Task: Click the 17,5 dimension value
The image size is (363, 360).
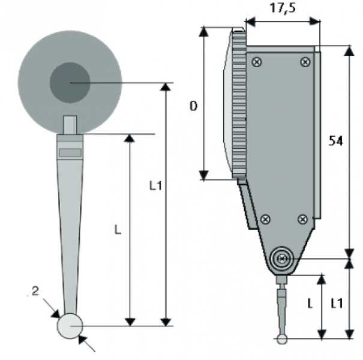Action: tap(283, 8)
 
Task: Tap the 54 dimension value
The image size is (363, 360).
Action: tap(335, 141)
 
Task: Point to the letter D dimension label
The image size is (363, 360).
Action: tap(194, 106)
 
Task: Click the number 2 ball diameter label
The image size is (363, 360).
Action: tap(35, 291)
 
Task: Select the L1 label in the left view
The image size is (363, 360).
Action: tap(155, 185)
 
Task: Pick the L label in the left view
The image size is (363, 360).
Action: tap(118, 230)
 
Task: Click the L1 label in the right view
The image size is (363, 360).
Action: tap(337, 303)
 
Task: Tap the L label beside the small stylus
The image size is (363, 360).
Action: tap(310, 303)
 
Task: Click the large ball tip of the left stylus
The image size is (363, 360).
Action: tap(70, 326)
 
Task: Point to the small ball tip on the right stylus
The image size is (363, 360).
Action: tap(282, 340)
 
